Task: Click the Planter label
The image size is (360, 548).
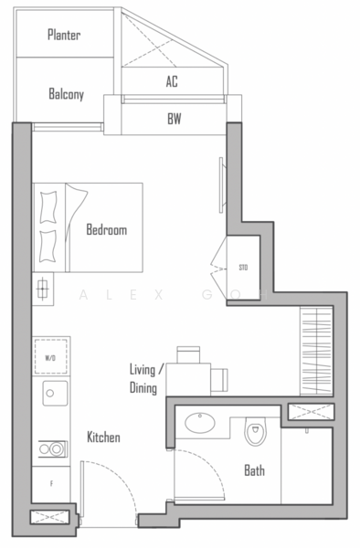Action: pos(64,36)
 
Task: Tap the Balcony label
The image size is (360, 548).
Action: pos(67,93)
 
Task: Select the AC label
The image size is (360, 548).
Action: pos(172,81)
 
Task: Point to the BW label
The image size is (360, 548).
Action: pos(174,118)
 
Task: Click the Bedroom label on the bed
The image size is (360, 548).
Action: pos(106,230)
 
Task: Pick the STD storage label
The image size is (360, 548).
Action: pos(243,268)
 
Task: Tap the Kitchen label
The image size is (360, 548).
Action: pos(103,438)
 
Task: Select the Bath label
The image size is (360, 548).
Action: pos(254,471)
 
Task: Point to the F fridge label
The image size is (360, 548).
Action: pos(51,483)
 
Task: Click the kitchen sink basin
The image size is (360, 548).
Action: pos(50,395)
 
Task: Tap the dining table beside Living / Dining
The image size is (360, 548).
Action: pos(194,374)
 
